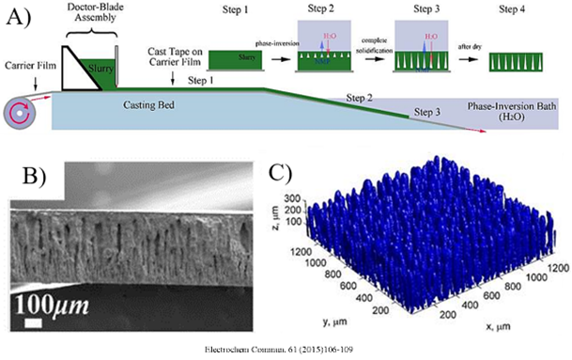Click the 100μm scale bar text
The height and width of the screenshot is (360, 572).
[54, 304]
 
